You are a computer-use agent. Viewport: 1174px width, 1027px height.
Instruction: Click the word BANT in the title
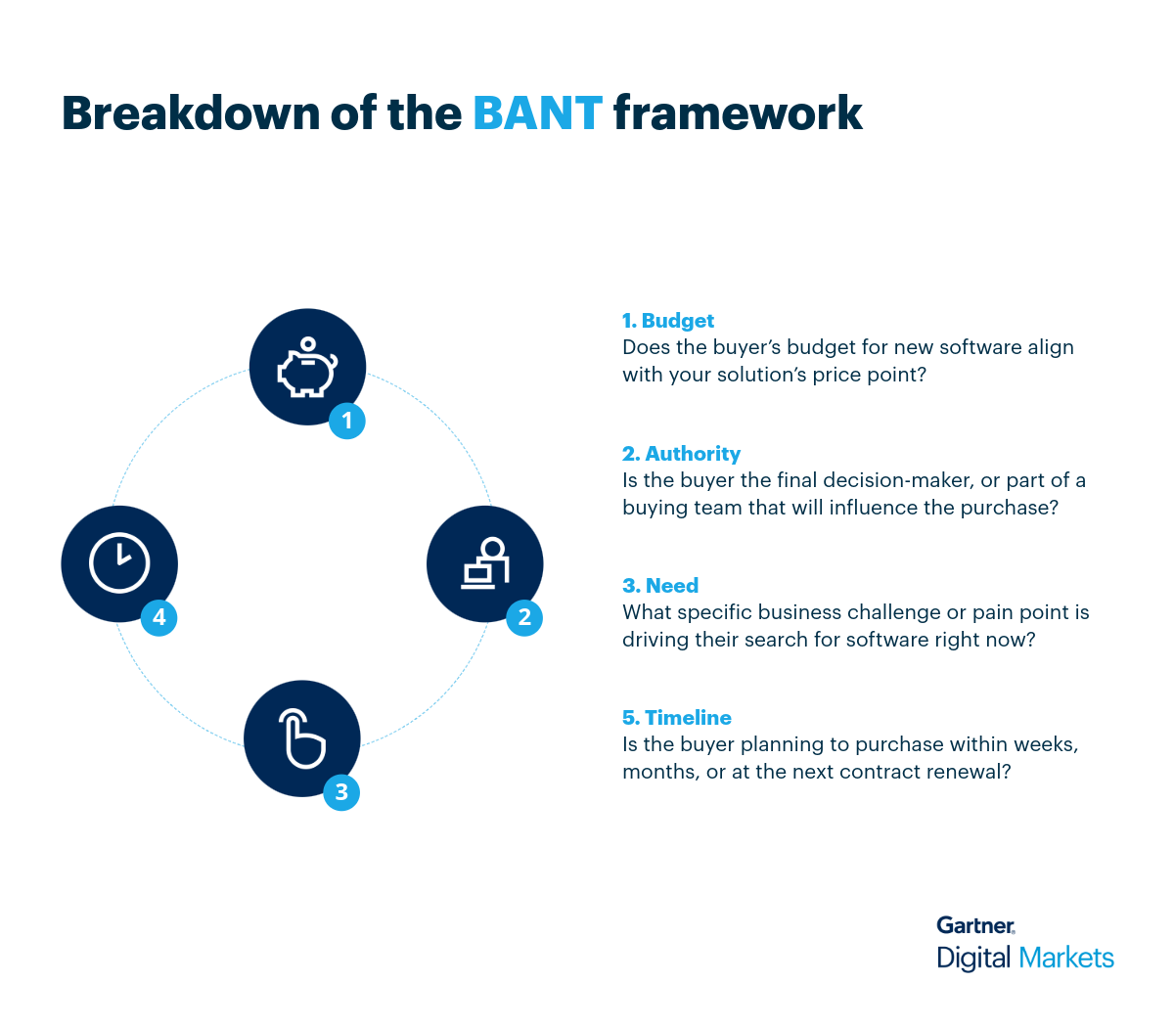tap(537, 113)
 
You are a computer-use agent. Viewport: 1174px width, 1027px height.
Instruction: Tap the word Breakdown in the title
tap(190, 113)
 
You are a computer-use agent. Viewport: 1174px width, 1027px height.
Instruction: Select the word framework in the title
tap(738, 113)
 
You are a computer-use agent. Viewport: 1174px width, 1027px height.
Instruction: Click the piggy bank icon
tap(307, 368)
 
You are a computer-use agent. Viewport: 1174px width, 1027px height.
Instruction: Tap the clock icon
tap(119, 563)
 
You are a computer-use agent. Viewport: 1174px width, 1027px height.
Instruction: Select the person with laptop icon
tap(485, 563)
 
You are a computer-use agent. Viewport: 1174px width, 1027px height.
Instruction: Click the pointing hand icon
tap(302, 738)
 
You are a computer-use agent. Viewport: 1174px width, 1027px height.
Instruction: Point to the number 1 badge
tap(346, 421)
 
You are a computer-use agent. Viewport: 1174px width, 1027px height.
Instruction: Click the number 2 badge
tap(524, 617)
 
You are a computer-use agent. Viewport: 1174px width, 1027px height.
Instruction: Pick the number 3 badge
tap(341, 791)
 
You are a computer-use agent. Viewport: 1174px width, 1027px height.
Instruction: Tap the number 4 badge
tap(158, 617)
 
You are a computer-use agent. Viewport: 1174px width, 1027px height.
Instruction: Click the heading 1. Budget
tap(668, 321)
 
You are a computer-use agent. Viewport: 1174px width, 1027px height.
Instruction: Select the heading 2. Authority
tap(681, 454)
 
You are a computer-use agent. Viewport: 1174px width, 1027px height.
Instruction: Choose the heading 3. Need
tap(660, 586)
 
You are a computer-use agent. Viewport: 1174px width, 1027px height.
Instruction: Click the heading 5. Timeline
tap(677, 718)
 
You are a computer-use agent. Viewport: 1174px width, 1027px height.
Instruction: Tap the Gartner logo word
tap(975, 925)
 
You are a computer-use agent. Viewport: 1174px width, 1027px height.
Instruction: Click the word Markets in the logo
tap(1065, 958)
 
